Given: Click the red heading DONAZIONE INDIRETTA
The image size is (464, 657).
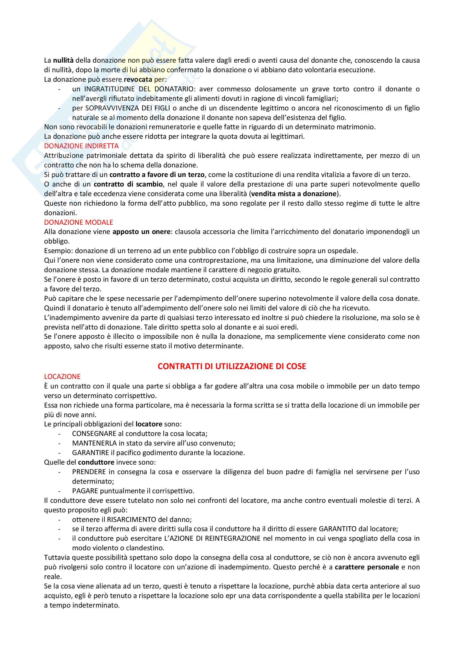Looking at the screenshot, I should [81, 146].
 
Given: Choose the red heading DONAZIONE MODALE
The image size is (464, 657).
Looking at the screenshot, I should [79, 222].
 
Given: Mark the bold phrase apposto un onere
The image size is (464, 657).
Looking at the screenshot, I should [141, 231].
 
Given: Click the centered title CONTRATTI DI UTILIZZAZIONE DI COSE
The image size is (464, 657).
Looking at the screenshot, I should [232, 366].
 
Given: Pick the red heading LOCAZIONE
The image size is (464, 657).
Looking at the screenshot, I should [62, 377].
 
